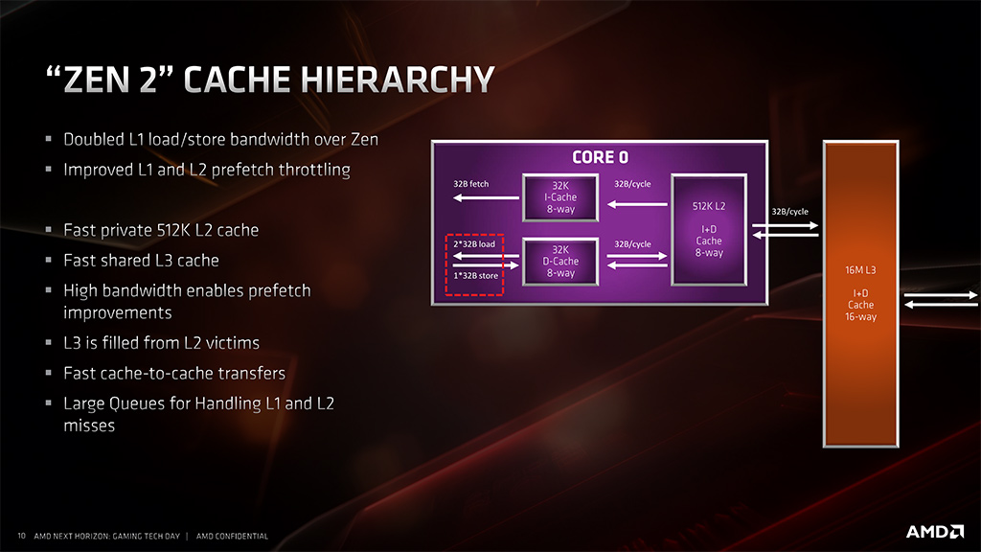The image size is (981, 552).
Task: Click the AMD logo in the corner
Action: point(934,531)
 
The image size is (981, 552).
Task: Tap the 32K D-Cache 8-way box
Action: point(560,261)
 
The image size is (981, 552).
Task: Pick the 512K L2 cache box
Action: point(709,229)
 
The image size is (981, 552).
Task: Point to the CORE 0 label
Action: point(600,157)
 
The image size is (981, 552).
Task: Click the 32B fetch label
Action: point(472,183)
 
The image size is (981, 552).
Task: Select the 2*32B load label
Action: point(474,244)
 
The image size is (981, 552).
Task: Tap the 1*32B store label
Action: point(474,276)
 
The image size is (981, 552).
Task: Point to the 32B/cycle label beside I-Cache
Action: point(632,183)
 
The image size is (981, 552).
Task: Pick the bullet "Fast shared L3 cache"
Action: point(141,260)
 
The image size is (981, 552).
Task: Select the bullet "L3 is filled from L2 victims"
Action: point(161,342)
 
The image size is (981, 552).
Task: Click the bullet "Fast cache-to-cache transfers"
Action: point(173,373)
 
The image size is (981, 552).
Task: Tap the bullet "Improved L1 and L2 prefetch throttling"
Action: point(206,170)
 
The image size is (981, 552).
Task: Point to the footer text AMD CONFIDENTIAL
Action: point(232,536)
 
